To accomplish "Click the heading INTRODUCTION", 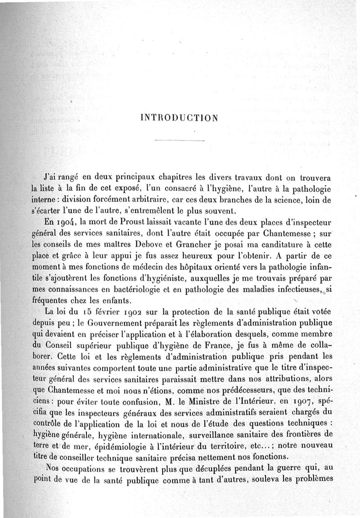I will (180, 118).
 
